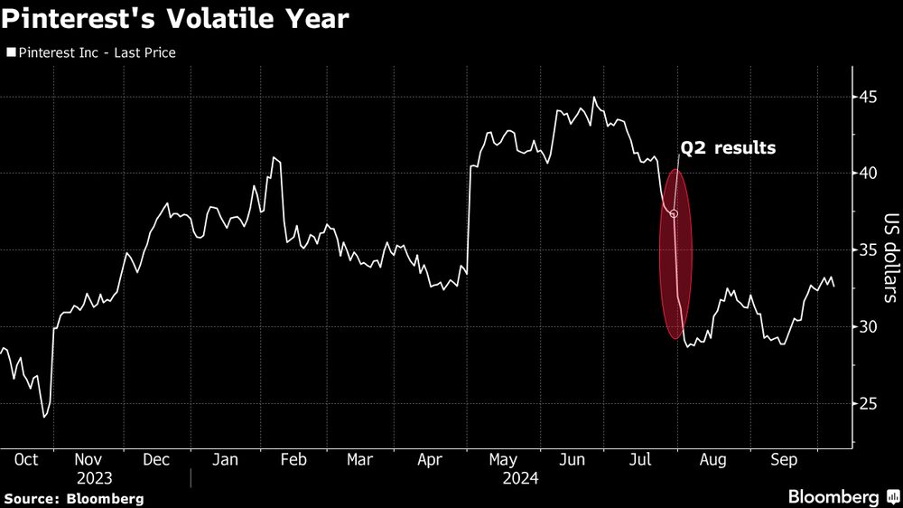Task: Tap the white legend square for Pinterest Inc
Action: pyautogui.click(x=11, y=53)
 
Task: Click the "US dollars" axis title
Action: pyautogui.click(x=889, y=257)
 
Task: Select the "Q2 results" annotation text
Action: pyautogui.click(x=728, y=147)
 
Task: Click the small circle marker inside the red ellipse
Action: pyautogui.click(x=675, y=214)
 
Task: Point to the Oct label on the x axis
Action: pyautogui.click(x=26, y=460)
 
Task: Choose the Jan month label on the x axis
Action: pyautogui.click(x=224, y=460)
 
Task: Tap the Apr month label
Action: pyautogui.click(x=429, y=460)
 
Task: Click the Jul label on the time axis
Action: pyautogui.click(x=640, y=460)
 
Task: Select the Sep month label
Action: pyautogui.click(x=782, y=460)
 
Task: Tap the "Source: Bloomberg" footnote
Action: pyautogui.click(x=73, y=498)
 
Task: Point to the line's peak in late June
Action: pyautogui.click(x=593, y=97)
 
